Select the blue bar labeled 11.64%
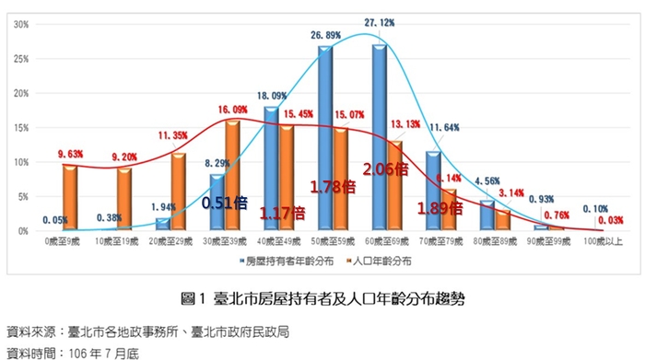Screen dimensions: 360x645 tap(432, 191)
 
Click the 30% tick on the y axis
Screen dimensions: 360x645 tap(20, 24)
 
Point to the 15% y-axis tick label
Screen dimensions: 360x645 tap(20, 127)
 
